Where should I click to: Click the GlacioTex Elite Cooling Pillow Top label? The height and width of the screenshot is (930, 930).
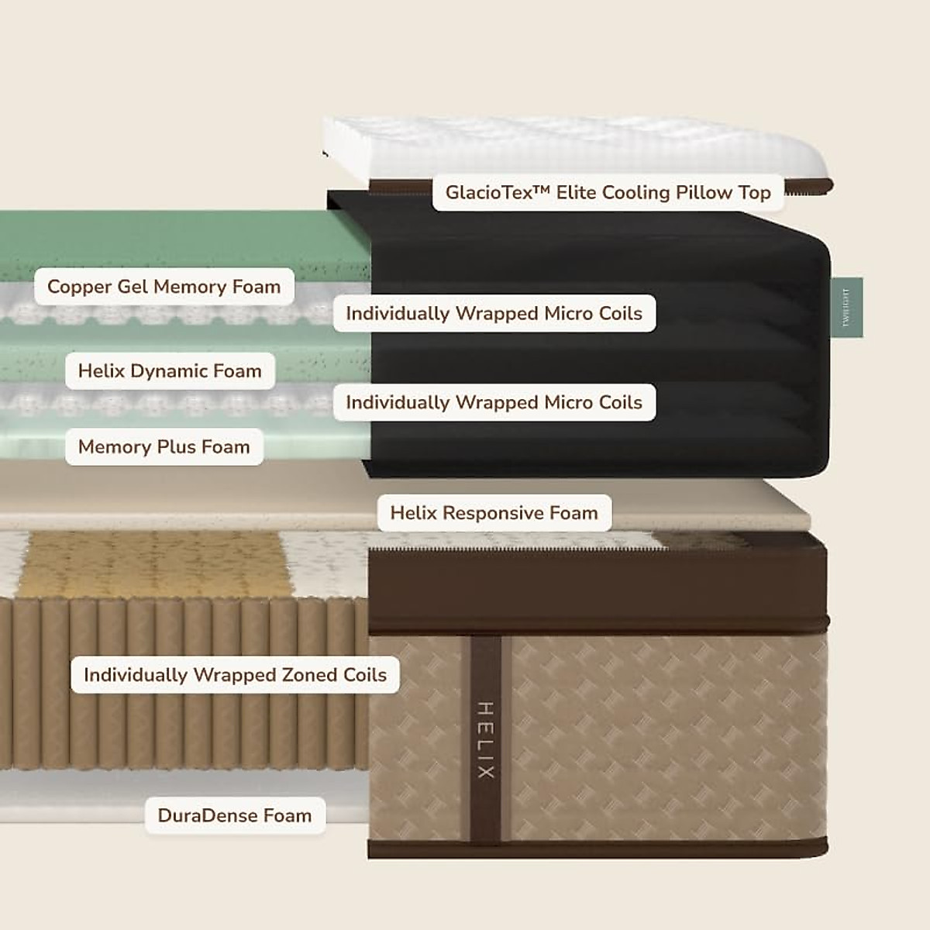click(608, 192)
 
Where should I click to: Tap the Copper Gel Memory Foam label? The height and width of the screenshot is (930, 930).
click(164, 287)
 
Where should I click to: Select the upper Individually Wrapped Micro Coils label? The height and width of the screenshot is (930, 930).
click(494, 313)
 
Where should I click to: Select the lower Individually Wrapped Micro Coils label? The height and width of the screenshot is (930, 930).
click(494, 402)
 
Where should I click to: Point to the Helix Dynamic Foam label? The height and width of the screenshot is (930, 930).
click(170, 370)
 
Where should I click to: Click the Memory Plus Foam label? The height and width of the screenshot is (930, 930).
click(164, 446)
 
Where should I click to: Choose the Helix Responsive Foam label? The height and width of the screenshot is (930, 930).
click(494, 513)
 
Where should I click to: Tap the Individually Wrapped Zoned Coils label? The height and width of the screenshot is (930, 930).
click(235, 675)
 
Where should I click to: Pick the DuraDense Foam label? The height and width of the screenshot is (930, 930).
click(234, 815)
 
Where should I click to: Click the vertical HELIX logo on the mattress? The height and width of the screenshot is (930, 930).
click(485, 740)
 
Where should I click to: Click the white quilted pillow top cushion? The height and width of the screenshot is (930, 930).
click(573, 147)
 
